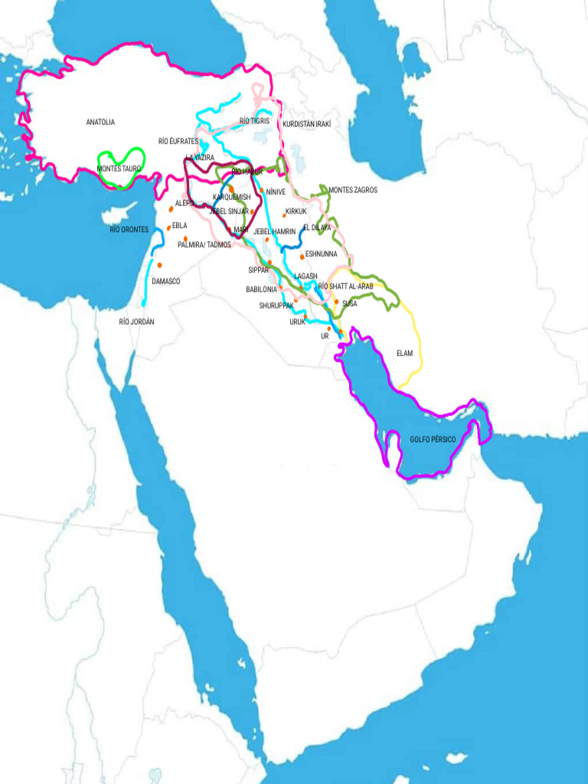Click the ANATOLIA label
point(100,122)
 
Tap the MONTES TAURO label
point(119,168)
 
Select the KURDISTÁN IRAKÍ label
point(306,124)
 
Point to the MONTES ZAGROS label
point(352,190)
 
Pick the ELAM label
point(404,353)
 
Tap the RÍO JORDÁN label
point(136,322)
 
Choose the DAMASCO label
point(165,281)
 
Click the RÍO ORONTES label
point(129,229)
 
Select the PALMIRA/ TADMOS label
point(204,245)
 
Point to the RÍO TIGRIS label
point(254,121)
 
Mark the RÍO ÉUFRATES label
point(178,142)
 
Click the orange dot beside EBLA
point(168,227)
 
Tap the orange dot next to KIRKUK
point(284,216)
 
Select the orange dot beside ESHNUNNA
point(302,256)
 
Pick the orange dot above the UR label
point(329,328)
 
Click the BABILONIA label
point(261,289)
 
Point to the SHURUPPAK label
point(276,305)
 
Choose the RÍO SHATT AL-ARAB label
point(345,286)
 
